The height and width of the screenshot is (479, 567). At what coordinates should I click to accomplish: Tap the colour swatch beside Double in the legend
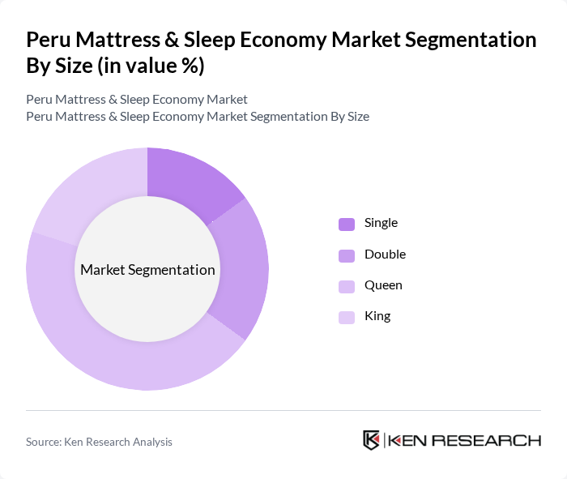(346, 255)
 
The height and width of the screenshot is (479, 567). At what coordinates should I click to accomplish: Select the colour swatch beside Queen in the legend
(346, 286)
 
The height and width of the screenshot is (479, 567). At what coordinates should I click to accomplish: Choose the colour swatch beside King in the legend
(346, 317)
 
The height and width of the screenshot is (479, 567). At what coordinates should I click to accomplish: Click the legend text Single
(381, 223)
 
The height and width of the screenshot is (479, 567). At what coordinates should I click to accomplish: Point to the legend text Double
(385, 254)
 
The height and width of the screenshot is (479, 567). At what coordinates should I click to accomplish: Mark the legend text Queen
(383, 285)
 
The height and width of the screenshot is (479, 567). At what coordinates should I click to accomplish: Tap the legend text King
(377, 316)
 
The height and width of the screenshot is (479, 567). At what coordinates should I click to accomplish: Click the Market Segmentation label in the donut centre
(147, 270)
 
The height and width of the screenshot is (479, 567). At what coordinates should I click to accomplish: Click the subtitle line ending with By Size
(198, 116)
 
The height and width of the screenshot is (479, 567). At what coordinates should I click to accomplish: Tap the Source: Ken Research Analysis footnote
(99, 442)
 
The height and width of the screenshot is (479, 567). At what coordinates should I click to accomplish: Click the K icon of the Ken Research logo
(371, 440)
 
